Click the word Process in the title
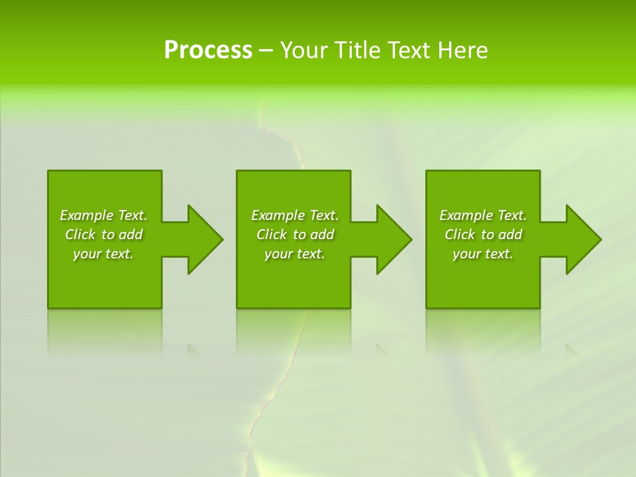(x=208, y=50)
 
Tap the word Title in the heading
(x=357, y=50)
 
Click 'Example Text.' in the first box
(x=103, y=215)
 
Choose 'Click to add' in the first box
(x=103, y=235)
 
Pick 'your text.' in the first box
(x=103, y=254)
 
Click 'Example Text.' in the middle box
(x=295, y=215)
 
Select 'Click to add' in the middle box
(x=295, y=235)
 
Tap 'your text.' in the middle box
(x=295, y=254)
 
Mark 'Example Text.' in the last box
(x=483, y=215)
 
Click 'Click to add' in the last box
(x=483, y=235)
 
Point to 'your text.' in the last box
(x=483, y=254)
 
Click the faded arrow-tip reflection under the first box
(x=193, y=349)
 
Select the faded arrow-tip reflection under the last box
(x=571, y=349)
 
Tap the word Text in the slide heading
(x=409, y=50)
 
